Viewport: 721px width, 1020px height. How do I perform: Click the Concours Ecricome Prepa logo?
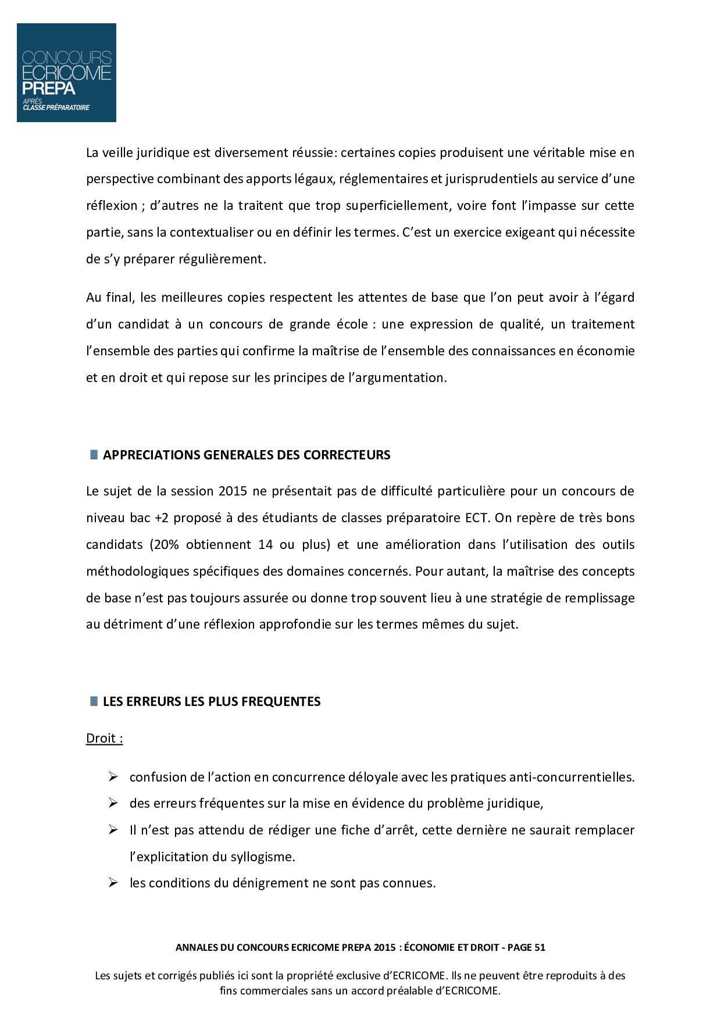point(66,73)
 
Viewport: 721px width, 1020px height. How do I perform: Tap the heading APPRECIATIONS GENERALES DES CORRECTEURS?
point(247,455)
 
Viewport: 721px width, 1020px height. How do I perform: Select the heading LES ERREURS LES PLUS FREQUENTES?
point(212,701)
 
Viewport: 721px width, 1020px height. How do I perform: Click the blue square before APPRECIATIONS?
point(94,455)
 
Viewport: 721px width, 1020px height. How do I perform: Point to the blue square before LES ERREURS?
point(94,701)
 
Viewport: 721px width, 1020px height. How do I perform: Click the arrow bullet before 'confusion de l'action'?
point(113,777)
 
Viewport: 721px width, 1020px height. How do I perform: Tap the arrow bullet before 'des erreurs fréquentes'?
point(113,803)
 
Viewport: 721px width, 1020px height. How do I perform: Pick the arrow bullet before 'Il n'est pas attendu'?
point(113,830)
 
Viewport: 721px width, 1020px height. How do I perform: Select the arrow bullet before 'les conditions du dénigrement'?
point(113,883)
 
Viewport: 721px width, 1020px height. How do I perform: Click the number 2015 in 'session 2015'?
point(233,491)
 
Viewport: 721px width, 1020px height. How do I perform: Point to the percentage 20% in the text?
point(165,544)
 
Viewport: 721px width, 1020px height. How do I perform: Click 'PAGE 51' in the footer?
point(526,947)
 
